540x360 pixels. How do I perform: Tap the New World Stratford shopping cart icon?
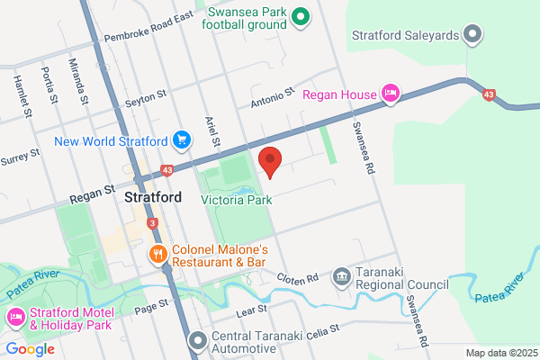coord(183,139)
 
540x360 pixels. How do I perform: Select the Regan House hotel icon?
coord(391,93)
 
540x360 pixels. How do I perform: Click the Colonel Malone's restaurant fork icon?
coord(158,254)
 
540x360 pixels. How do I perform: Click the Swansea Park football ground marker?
coord(302,14)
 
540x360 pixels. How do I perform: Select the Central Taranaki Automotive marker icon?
coord(198,341)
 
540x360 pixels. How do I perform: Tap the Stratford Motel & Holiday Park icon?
coord(15,318)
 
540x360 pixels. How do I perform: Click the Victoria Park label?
coord(237,200)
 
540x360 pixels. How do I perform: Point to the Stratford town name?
coord(154,197)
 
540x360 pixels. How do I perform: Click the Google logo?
coord(30,349)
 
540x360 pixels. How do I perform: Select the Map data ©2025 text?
coord(500,353)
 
